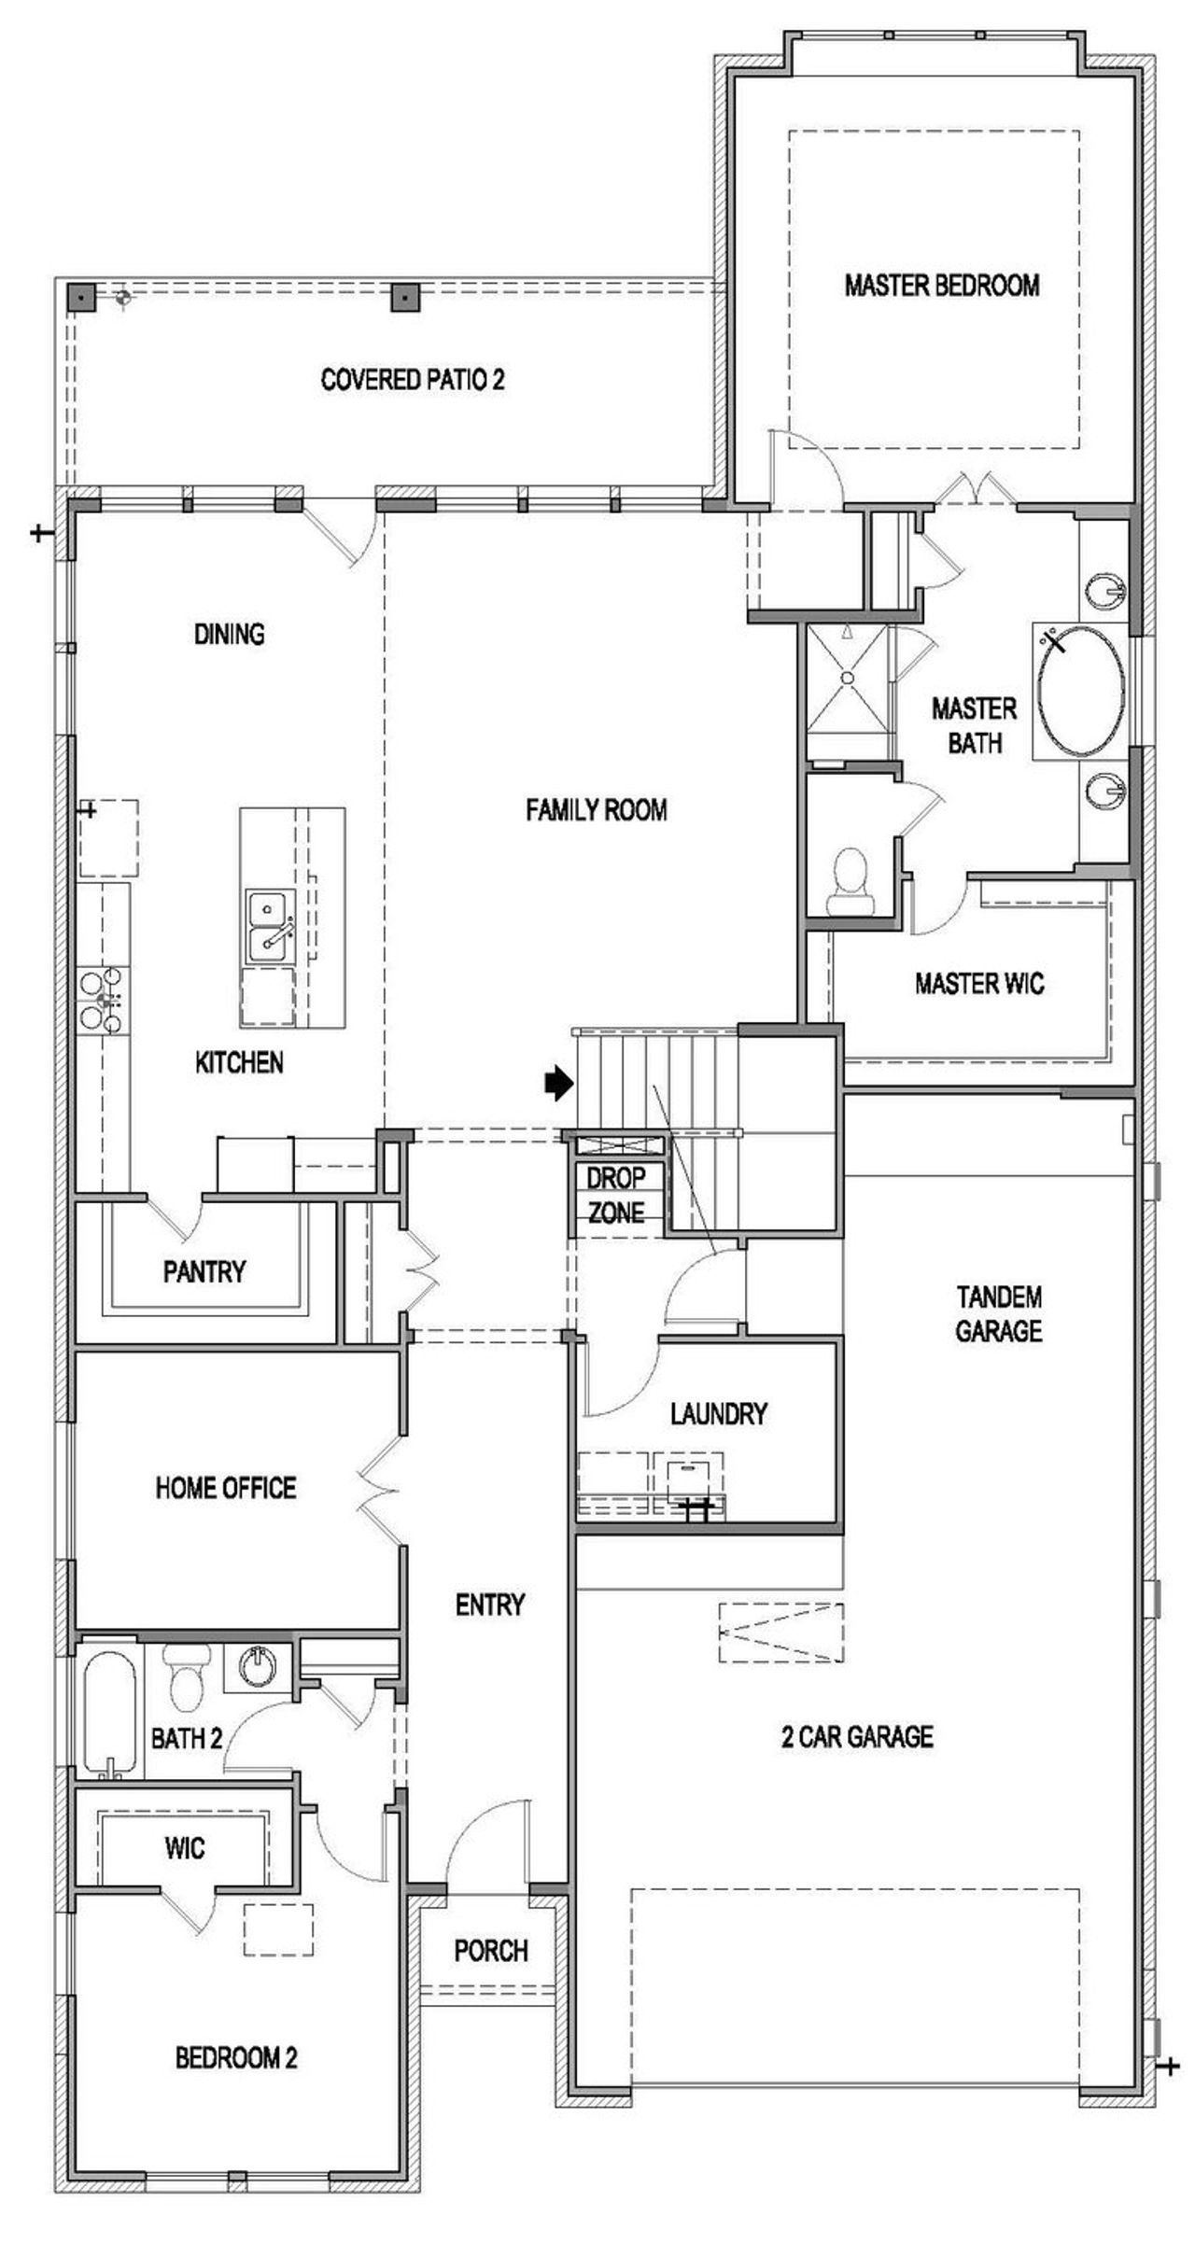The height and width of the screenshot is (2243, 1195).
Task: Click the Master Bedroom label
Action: [941, 285]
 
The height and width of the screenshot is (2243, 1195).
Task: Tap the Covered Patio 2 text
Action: [412, 380]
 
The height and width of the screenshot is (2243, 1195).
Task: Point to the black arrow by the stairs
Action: [558, 1083]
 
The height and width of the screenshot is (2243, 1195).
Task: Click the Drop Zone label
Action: [615, 1195]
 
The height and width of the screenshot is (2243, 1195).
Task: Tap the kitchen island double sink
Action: [270, 926]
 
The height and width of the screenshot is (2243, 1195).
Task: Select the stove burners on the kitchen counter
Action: [102, 1000]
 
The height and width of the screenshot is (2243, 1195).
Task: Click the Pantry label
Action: [204, 1271]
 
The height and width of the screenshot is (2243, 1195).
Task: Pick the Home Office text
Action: [226, 1487]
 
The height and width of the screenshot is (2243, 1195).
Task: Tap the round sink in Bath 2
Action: [257, 1664]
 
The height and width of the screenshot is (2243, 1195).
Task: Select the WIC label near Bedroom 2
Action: [184, 1848]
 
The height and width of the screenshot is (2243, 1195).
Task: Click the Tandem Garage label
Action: [998, 1313]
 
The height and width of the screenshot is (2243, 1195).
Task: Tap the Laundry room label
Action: [718, 1414]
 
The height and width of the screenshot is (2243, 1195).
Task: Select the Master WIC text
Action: [978, 983]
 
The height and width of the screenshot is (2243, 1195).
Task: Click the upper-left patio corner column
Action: [82, 298]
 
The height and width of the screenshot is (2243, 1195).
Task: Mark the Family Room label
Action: [596, 809]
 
